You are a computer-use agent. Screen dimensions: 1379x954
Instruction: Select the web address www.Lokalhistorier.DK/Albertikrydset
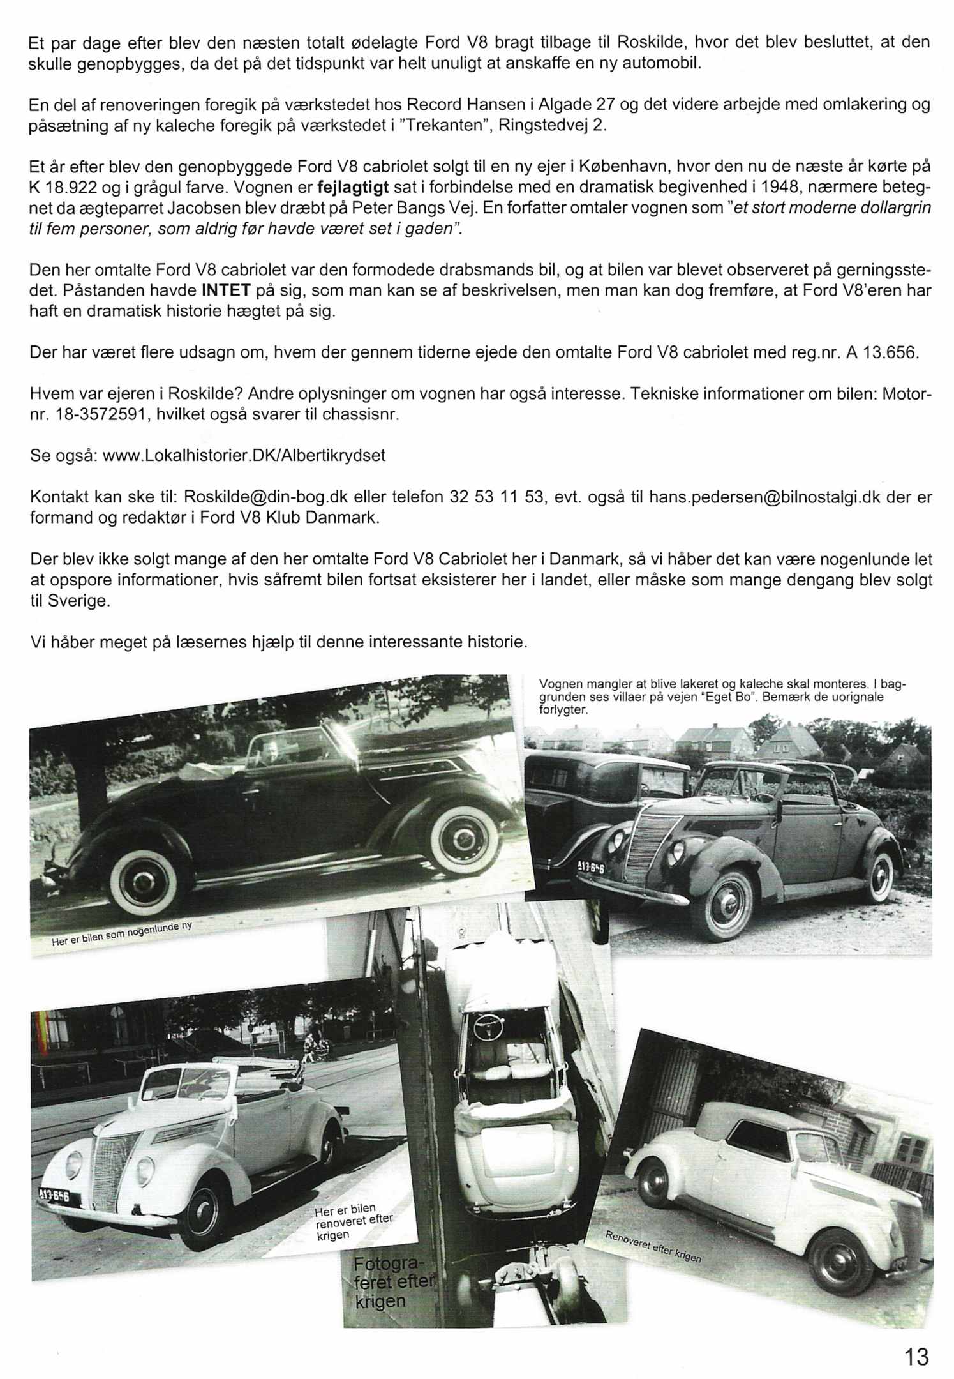244,456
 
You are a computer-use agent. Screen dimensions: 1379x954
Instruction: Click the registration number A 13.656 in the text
882,353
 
